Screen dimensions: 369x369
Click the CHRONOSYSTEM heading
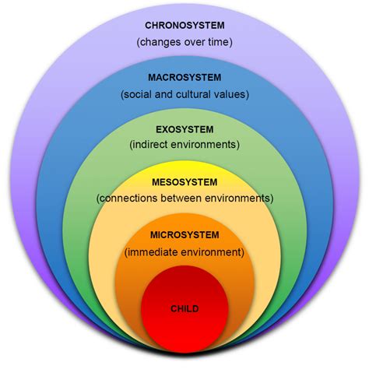tap(184, 24)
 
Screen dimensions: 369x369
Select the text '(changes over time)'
tap(184, 41)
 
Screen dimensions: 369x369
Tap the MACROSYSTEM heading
tap(184, 77)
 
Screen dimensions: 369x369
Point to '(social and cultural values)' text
tap(184, 94)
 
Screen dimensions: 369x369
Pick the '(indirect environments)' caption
tap(184, 146)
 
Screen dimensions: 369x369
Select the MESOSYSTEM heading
tap(184, 181)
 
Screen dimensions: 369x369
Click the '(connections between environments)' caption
tap(184, 199)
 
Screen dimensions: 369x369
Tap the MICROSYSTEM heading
tap(184, 234)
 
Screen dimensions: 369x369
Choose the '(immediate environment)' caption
tap(184, 251)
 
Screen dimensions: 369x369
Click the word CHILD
tap(184, 309)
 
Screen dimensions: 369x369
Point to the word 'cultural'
tap(195, 94)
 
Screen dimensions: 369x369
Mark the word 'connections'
tap(128, 199)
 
